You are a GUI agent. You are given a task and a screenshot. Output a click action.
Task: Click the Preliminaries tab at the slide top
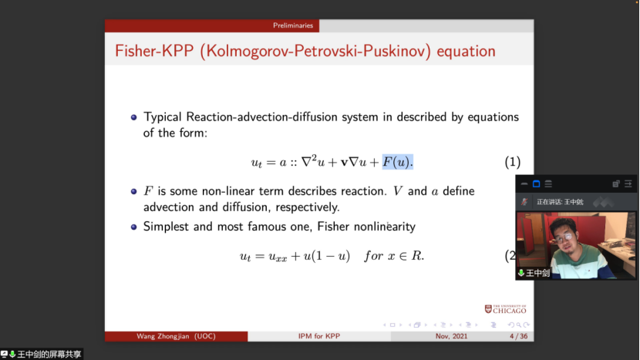pos(293,25)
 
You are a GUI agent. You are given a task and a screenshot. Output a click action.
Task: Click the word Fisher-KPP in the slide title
pos(154,51)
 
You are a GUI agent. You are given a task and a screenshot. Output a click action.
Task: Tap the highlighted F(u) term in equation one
pos(398,162)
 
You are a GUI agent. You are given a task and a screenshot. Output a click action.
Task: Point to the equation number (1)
pos(513,162)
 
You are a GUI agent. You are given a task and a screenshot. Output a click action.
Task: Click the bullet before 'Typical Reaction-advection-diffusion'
pos(134,117)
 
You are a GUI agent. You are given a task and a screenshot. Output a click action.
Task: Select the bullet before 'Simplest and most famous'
pos(134,227)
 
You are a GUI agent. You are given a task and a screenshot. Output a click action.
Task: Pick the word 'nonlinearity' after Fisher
pos(385,227)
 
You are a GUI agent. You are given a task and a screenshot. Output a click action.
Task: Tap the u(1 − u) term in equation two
pos(326,256)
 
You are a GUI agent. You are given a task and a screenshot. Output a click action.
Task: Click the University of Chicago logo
pos(505,309)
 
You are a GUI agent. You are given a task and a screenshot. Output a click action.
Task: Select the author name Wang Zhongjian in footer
pos(163,336)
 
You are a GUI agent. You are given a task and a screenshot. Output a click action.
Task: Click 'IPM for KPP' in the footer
pos(318,336)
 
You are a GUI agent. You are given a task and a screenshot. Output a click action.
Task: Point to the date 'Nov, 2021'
pos(451,336)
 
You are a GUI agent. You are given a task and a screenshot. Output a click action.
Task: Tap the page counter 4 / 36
pos(518,336)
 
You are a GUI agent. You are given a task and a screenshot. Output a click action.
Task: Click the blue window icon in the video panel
pos(537,184)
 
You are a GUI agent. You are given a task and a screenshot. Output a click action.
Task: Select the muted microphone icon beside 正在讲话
pos(524,202)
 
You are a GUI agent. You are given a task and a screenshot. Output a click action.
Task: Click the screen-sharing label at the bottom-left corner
pos(41,355)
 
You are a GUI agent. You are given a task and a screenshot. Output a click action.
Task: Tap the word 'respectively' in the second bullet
pos(308,207)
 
